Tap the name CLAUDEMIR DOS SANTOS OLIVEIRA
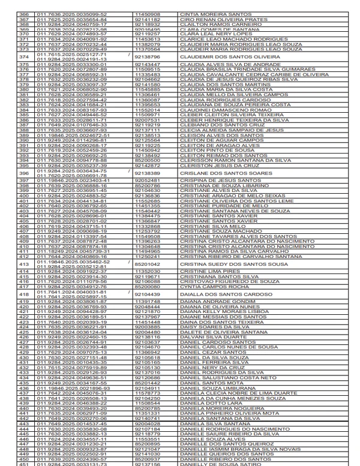pyautogui.click(x=218, y=57)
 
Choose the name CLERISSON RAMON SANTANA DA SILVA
pyautogui.click(x=227, y=161)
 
